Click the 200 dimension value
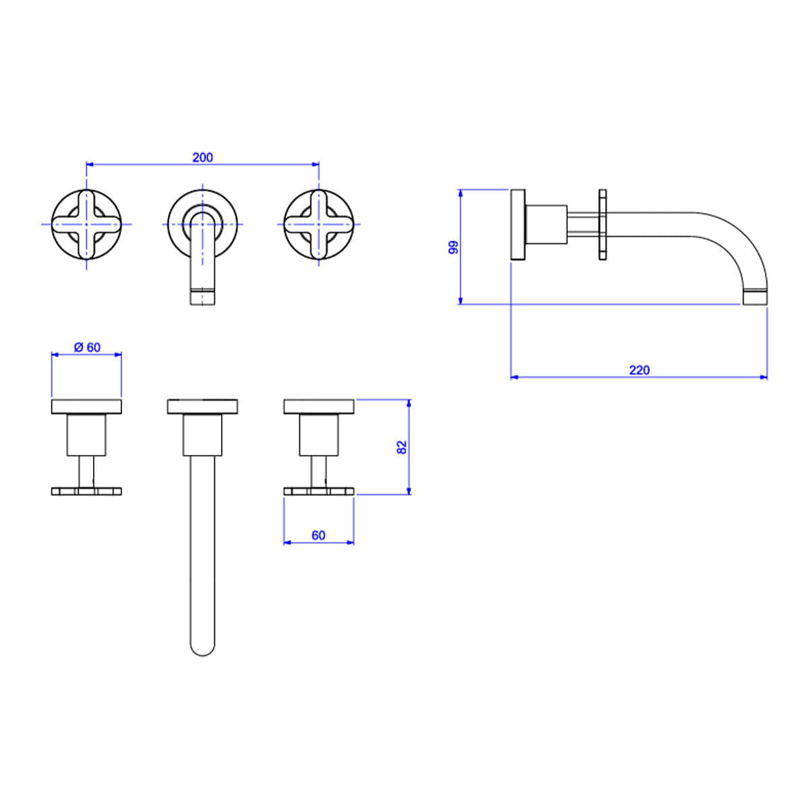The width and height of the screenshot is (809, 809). (x=202, y=158)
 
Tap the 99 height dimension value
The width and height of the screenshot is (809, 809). (x=454, y=247)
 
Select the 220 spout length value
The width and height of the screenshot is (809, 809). (x=639, y=370)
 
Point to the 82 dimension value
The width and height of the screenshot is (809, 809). (x=401, y=447)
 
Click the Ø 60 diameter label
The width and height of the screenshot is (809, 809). (x=88, y=347)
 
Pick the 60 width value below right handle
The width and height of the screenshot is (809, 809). (x=318, y=535)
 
